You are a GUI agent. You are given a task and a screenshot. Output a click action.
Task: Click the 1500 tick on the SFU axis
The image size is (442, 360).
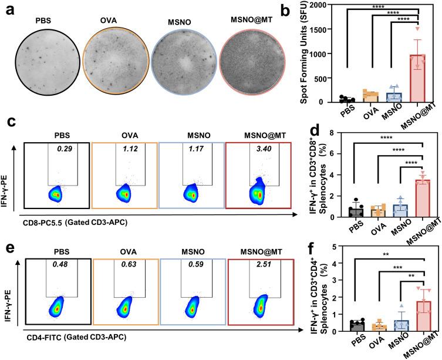click(327, 29)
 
